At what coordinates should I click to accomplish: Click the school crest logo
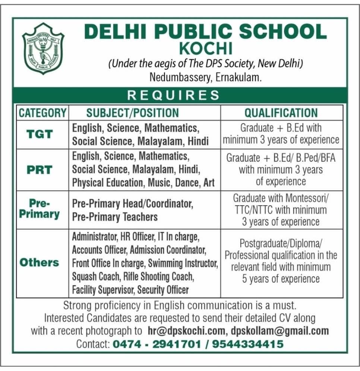click(x=43, y=48)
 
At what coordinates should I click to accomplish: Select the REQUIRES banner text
click(x=174, y=95)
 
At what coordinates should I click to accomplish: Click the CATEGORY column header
click(x=42, y=112)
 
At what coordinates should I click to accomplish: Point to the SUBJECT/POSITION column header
click(x=133, y=112)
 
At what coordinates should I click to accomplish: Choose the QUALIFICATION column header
click(x=281, y=112)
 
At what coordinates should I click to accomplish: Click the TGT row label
click(x=40, y=134)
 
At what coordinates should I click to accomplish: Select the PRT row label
click(x=40, y=169)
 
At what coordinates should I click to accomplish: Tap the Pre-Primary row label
click(x=40, y=209)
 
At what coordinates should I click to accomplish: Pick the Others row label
click(x=40, y=262)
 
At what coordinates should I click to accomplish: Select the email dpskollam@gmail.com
click(x=280, y=330)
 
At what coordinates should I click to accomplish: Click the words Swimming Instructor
click(x=183, y=263)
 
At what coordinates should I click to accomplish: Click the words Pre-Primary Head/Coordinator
click(x=133, y=204)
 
